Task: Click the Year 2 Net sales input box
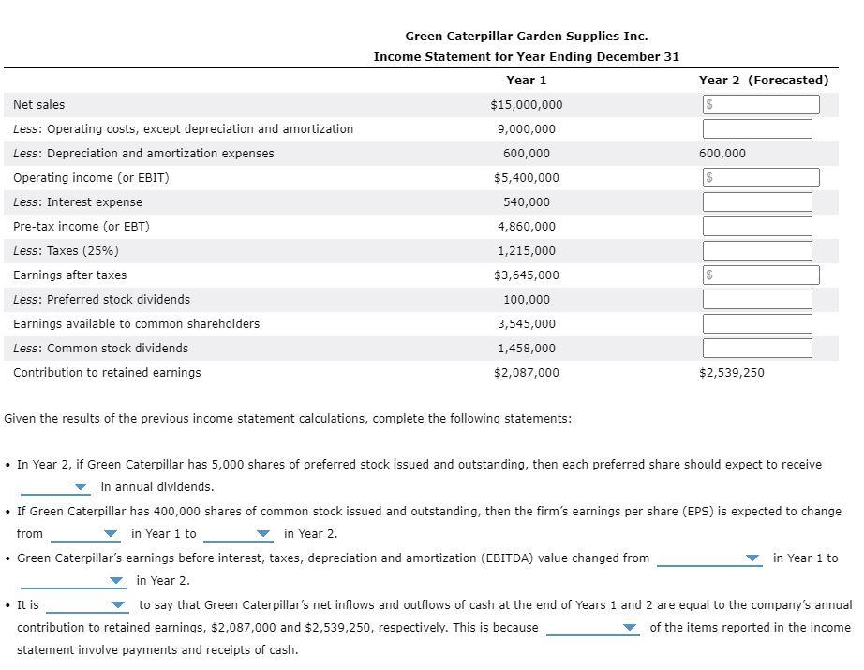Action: (760, 105)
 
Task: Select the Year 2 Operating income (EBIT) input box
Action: (760, 178)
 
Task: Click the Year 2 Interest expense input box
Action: (757, 202)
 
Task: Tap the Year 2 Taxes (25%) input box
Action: (757, 251)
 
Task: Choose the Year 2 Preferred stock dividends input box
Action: (757, 300)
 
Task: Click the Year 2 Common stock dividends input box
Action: (757, 349)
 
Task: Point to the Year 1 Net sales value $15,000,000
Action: (526, 105)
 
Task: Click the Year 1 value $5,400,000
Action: (526, 178)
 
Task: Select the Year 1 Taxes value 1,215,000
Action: (526, 251)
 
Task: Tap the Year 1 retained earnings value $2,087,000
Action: (526, 373)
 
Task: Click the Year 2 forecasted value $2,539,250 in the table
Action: (731, 373)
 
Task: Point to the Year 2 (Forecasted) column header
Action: (763, 81)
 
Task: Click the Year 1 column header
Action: (526, 81)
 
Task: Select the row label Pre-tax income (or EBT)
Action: (82, 227)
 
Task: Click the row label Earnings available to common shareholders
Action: (137, 324)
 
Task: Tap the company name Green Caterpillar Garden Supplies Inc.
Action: (526, 36)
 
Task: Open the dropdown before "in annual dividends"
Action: (56, 487)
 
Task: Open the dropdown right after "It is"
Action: (86, 605)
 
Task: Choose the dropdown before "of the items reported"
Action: (592, 628)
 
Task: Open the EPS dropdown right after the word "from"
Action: (86, 534)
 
